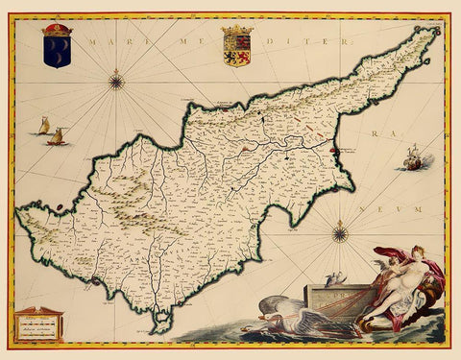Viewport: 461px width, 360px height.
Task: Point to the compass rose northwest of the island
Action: (117, 81)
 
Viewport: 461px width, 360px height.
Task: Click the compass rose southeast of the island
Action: (340, 231)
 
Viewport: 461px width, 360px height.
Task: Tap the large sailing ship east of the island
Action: (413, 159)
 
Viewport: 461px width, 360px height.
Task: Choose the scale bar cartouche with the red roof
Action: (39, 324)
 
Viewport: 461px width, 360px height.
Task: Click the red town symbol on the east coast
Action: (333, 149)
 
